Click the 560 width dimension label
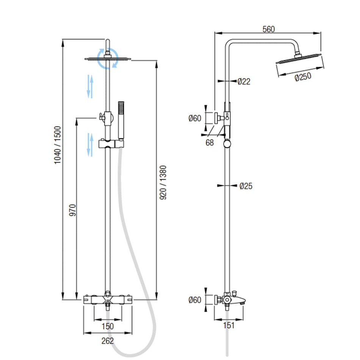[268, 29]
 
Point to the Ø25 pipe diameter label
[246, 186]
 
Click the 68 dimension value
[209, 142]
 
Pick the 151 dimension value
[228, 325]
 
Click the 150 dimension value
[108, 326]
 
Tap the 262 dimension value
[108, 341]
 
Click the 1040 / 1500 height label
[57, 145]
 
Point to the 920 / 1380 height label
[163, 183]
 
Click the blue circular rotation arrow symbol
[108, 59]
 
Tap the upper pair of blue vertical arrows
[90, 86]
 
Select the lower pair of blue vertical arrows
[90, 144]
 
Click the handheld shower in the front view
[121, 121]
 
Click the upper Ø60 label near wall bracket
[195, 118]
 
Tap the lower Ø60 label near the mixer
[195, 300]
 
